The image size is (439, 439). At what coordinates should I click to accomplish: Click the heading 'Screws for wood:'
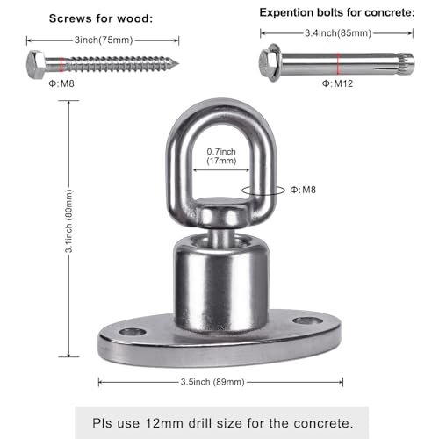(x=101, y=18)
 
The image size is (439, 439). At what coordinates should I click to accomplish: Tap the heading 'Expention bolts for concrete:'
(x=337, y=12)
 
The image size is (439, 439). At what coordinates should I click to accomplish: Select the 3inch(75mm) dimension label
(x=104, y=40)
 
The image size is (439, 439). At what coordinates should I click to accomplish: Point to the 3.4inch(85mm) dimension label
(x=338, y=33)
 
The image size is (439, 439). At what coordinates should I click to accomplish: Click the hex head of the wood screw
(x=36, y=64)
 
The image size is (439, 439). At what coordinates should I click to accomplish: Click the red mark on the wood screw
(x=61, y=64)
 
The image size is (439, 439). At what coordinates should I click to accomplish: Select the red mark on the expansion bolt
(x=338, y=63)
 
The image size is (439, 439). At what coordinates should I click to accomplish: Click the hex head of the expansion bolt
(x=267, y=63)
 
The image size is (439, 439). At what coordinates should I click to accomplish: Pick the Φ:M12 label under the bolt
(x=337, y=83)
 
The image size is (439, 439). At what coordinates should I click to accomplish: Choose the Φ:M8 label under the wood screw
(x=61, y=83)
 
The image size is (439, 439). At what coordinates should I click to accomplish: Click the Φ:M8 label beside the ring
(x=303, y=190)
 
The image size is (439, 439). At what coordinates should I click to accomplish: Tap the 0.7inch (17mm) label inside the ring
(x=221, y=156)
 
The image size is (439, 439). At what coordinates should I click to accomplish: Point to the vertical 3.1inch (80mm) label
(x=68, y=221)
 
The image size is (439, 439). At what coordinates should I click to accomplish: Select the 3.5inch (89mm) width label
(x=212, y=382)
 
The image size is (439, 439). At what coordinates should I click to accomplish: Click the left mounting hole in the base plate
(x=133, y=332)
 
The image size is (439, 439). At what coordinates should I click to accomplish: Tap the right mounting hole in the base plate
(x=308, y=320)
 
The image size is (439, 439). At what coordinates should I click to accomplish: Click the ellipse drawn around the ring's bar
(x=242, y=191)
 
